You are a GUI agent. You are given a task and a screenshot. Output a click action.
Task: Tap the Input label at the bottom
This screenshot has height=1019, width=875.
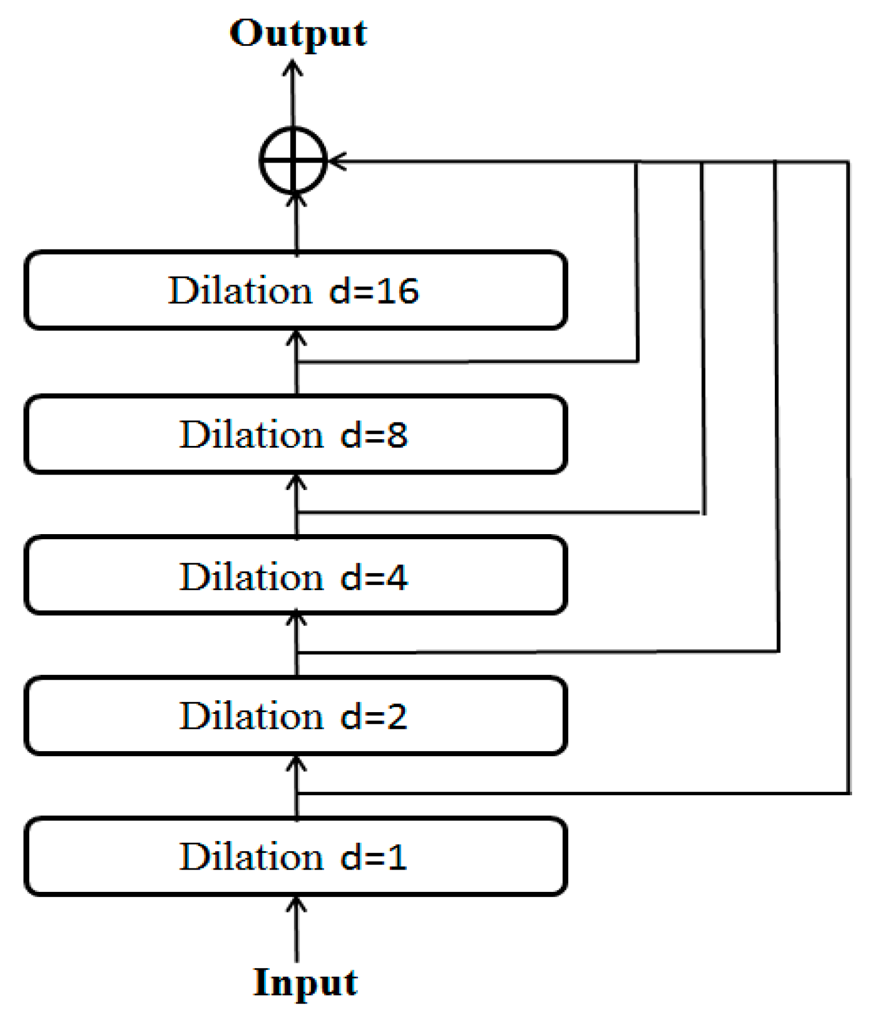point(305,982)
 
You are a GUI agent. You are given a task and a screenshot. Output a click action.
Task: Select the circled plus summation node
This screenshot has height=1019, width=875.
point(293,161)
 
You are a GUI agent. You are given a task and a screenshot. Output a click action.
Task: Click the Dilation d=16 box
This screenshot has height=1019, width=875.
point(295,290)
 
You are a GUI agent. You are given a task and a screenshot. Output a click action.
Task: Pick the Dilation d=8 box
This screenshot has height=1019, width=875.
point(295,435)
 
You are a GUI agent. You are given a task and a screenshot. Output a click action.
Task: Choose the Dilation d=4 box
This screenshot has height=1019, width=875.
point(295,575)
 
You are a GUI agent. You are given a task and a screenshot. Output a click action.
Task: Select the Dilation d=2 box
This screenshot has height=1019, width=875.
point(295,716)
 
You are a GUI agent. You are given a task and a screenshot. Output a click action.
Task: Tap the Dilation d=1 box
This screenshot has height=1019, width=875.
point(295,856)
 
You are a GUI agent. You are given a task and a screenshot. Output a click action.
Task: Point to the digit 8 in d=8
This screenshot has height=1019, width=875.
point(397,435)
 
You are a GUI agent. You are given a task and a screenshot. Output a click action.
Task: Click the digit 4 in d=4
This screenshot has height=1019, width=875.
point(397,576)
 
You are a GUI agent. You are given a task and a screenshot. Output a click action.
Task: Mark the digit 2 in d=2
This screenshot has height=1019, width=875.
point(397,717)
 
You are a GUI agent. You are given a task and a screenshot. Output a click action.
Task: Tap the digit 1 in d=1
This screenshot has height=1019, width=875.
point(397,858)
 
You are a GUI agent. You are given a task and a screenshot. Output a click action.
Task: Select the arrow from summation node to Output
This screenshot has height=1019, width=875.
point(293,94)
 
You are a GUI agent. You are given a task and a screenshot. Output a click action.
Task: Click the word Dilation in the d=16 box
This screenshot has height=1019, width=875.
point(241,290)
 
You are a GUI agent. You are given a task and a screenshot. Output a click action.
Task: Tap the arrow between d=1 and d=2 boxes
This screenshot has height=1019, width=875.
point(296,787)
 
